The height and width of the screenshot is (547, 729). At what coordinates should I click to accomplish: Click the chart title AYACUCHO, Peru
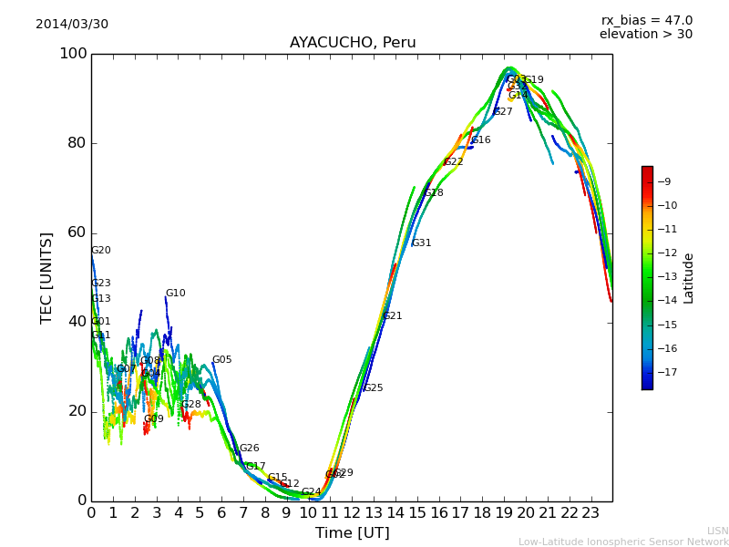point(352,43)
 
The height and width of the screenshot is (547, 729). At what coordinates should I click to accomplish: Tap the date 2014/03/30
point(72,24)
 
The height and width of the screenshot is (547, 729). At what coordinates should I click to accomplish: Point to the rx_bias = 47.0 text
point(646,20)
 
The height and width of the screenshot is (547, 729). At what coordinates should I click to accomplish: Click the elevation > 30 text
point(645,35)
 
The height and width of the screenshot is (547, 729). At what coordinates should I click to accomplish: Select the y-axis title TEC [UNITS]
point(46,277)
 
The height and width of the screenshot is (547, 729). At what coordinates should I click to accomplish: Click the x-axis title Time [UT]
point(352,533)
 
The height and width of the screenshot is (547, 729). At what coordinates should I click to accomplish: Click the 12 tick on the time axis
point(352,513)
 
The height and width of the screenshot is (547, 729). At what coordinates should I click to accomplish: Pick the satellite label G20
point(100,251)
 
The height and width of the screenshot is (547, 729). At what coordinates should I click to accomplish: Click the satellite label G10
point(175,294)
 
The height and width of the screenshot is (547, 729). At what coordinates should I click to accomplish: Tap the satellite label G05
point(221,360)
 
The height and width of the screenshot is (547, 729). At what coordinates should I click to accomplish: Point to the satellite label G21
point(392,316)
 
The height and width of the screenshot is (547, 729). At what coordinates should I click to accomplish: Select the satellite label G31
point(421,243)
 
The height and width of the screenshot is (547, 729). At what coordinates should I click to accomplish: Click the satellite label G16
point(480,140)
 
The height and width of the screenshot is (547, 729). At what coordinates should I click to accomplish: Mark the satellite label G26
point(249,449)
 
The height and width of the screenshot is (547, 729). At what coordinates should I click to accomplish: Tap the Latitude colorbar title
point(689,278)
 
